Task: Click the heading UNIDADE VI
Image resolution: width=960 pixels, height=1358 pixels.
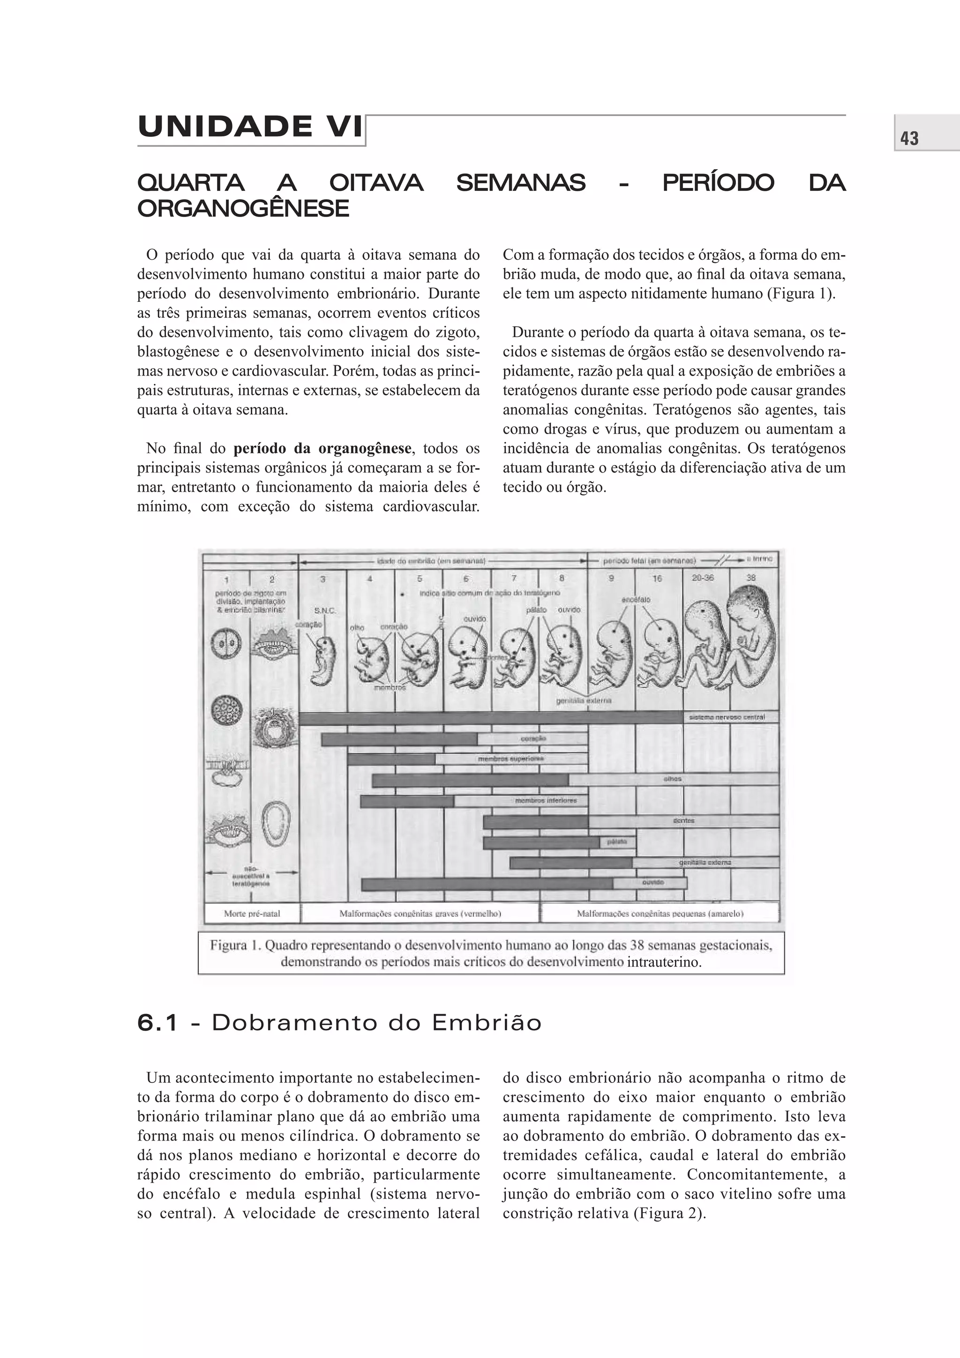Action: coord(250,127)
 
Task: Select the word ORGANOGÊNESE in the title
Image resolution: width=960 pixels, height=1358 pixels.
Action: coord(243,209)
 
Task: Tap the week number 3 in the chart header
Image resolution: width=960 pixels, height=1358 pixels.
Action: coord(322,579)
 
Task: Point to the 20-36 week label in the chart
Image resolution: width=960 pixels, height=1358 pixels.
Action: coord(703,578)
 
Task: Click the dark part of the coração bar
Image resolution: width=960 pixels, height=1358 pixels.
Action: coord(399,739)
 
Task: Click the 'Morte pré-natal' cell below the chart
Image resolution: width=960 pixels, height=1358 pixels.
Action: coord(252,913)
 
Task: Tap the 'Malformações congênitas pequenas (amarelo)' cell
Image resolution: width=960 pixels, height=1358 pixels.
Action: coord(660,913)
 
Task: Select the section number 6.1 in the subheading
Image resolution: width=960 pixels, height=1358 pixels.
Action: coord(157,1023)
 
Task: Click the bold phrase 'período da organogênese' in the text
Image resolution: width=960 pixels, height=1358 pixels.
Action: coord(322,448)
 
